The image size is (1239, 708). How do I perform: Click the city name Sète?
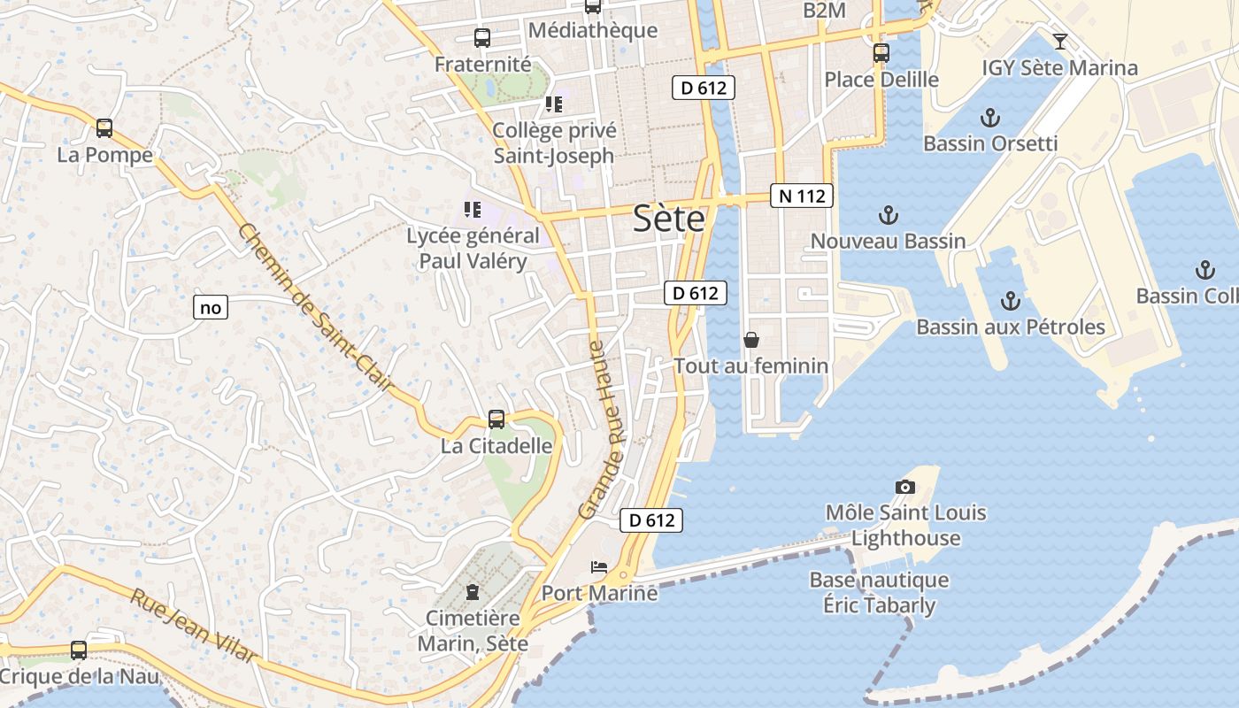click(669, 219)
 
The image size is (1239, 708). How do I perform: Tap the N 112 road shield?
click(803, 196)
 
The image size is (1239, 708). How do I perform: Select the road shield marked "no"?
click(210, 307)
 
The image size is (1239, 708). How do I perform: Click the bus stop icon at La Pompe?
click(104, 128)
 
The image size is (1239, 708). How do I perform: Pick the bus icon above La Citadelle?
click(496, 419)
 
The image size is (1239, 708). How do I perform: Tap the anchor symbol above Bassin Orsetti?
click(989, 117)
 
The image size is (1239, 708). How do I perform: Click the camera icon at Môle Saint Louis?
click(904, 487)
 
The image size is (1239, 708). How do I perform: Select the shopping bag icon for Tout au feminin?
click(750, 340)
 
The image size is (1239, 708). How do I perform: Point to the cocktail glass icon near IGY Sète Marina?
click(1059, 41)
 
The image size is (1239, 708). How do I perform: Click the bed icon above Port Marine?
click(599, 566)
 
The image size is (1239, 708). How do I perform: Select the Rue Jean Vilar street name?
click(195, 625)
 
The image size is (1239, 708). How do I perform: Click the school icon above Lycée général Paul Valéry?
click(473, 210)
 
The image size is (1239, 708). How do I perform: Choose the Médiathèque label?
click(592, 30)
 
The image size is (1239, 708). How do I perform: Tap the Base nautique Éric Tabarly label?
click(879, 593)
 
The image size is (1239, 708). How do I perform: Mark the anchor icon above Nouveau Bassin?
click(888, 214)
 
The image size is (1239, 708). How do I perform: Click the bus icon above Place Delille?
click(881, 53)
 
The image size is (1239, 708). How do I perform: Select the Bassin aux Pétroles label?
click(1010, 327)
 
